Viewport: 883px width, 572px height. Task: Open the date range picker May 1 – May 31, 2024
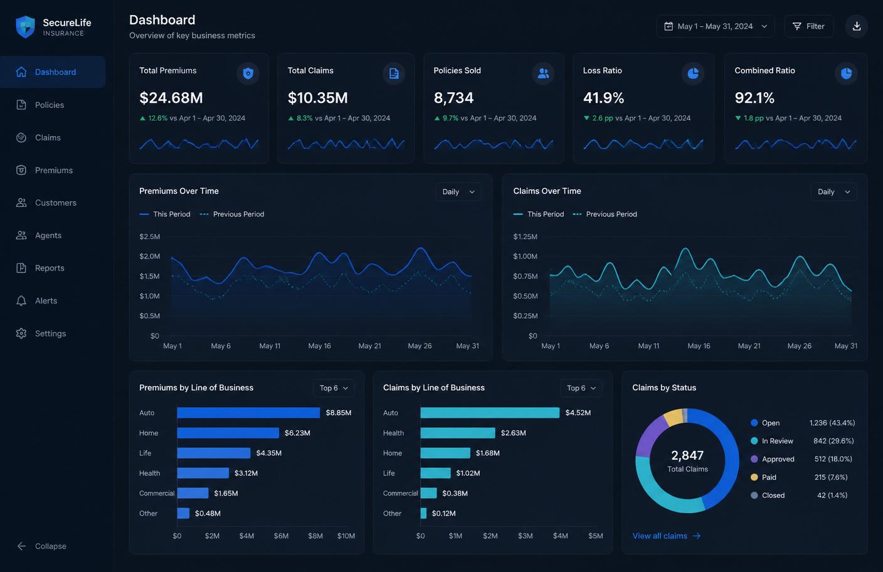[716, 26]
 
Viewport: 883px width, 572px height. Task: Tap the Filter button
[808, 26]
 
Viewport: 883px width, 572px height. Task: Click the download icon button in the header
[857, 26]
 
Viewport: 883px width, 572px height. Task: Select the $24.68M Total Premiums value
[171, 98]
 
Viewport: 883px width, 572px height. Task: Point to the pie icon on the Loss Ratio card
[693, 73]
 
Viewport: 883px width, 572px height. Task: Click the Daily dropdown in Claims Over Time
[833, 192]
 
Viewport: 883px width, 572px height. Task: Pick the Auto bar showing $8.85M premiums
[248, 413]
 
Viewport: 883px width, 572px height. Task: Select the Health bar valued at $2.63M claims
[458, 433]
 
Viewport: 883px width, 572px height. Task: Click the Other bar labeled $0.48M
[183, 513]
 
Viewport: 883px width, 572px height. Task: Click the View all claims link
[667, 536]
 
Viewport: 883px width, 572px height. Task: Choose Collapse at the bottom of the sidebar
[41, 546]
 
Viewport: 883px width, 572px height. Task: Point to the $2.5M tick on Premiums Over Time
[149, 236]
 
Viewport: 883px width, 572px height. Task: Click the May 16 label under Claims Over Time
[699, 346]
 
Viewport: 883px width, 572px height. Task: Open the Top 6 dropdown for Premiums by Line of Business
[334, 388]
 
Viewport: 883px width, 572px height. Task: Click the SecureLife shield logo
[25, 27]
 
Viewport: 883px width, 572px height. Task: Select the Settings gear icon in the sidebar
[21, 334]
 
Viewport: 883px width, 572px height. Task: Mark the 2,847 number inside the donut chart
[687, 455]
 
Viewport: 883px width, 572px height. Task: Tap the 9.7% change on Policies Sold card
[450, 119]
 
